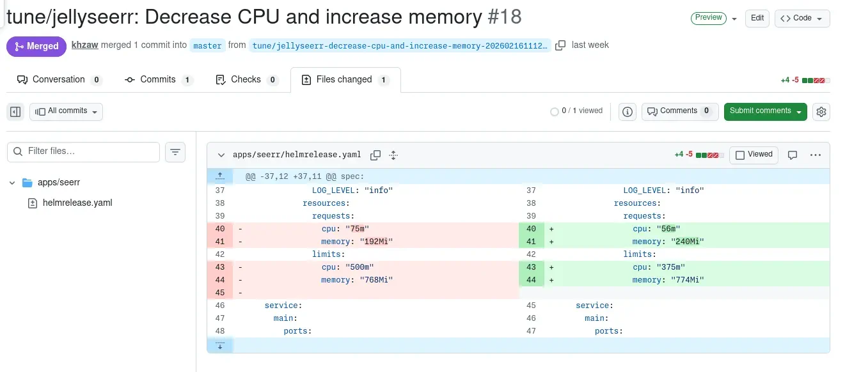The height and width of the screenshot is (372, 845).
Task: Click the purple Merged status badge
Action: click(36, 46)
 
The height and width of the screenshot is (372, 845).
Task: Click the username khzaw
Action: click(84, 45)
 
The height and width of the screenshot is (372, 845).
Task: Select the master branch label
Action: click(207, 45)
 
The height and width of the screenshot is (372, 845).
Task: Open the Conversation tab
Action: click(59, 80)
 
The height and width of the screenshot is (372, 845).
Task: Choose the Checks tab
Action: click(246, 80)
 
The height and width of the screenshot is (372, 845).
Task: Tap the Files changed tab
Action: click(345, 80)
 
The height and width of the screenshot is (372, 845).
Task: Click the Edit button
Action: click(757, 18)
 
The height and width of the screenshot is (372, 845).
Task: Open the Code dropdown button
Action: click(802, 18)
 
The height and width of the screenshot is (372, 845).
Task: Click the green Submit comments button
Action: click(765, 111)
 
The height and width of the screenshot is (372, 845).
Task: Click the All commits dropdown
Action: click(66, 111)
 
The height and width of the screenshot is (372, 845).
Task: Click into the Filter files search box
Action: click(83, 151)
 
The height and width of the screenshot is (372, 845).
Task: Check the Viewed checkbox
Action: click(740, 155)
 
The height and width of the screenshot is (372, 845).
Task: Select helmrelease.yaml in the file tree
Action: click(77, 203)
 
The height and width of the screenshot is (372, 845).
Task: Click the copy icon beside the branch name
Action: click(560, 45)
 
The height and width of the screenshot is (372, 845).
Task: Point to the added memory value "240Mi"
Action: click(685, 242)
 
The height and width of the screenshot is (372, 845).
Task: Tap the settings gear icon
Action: click(821, 112)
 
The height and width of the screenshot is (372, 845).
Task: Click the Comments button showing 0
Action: click(679, 111)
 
